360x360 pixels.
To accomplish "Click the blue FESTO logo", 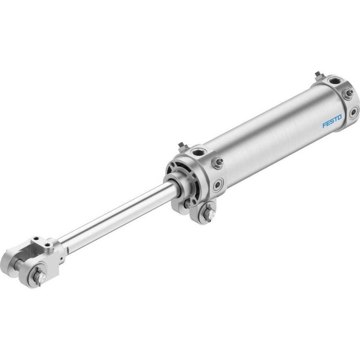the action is (332, 121).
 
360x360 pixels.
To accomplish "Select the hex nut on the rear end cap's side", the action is (348, 94).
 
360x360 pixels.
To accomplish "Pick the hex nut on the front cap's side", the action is (217, 163).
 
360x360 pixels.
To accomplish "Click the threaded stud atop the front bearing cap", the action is (182, 147).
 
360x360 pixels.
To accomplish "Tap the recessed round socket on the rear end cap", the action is (354, 112).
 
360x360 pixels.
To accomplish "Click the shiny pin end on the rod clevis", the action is (41, 278).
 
